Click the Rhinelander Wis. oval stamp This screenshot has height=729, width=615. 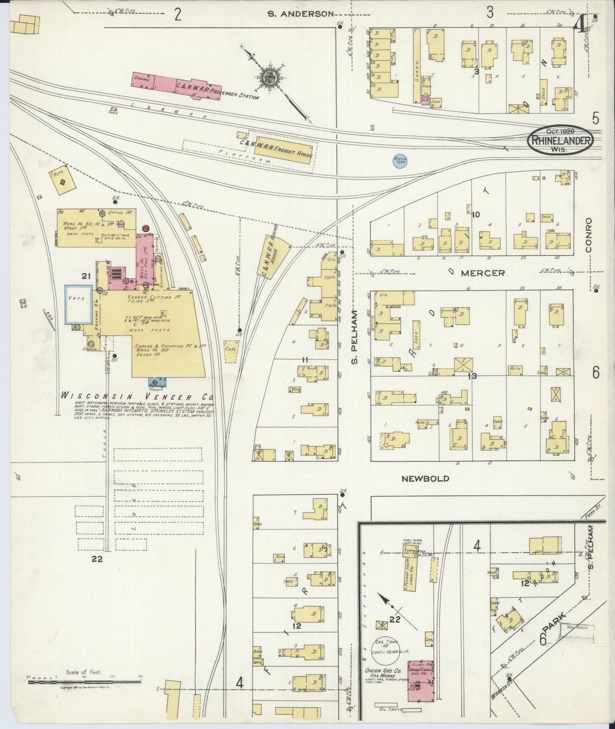[561, 141]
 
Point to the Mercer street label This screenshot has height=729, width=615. [483, 273]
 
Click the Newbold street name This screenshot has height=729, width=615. [425, 478]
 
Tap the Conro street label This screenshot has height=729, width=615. [589, 235]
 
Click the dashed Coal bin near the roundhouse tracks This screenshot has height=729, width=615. [231, 351]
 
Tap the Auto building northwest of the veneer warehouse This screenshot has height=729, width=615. [64, 180]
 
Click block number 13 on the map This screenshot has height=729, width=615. [472, 376]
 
